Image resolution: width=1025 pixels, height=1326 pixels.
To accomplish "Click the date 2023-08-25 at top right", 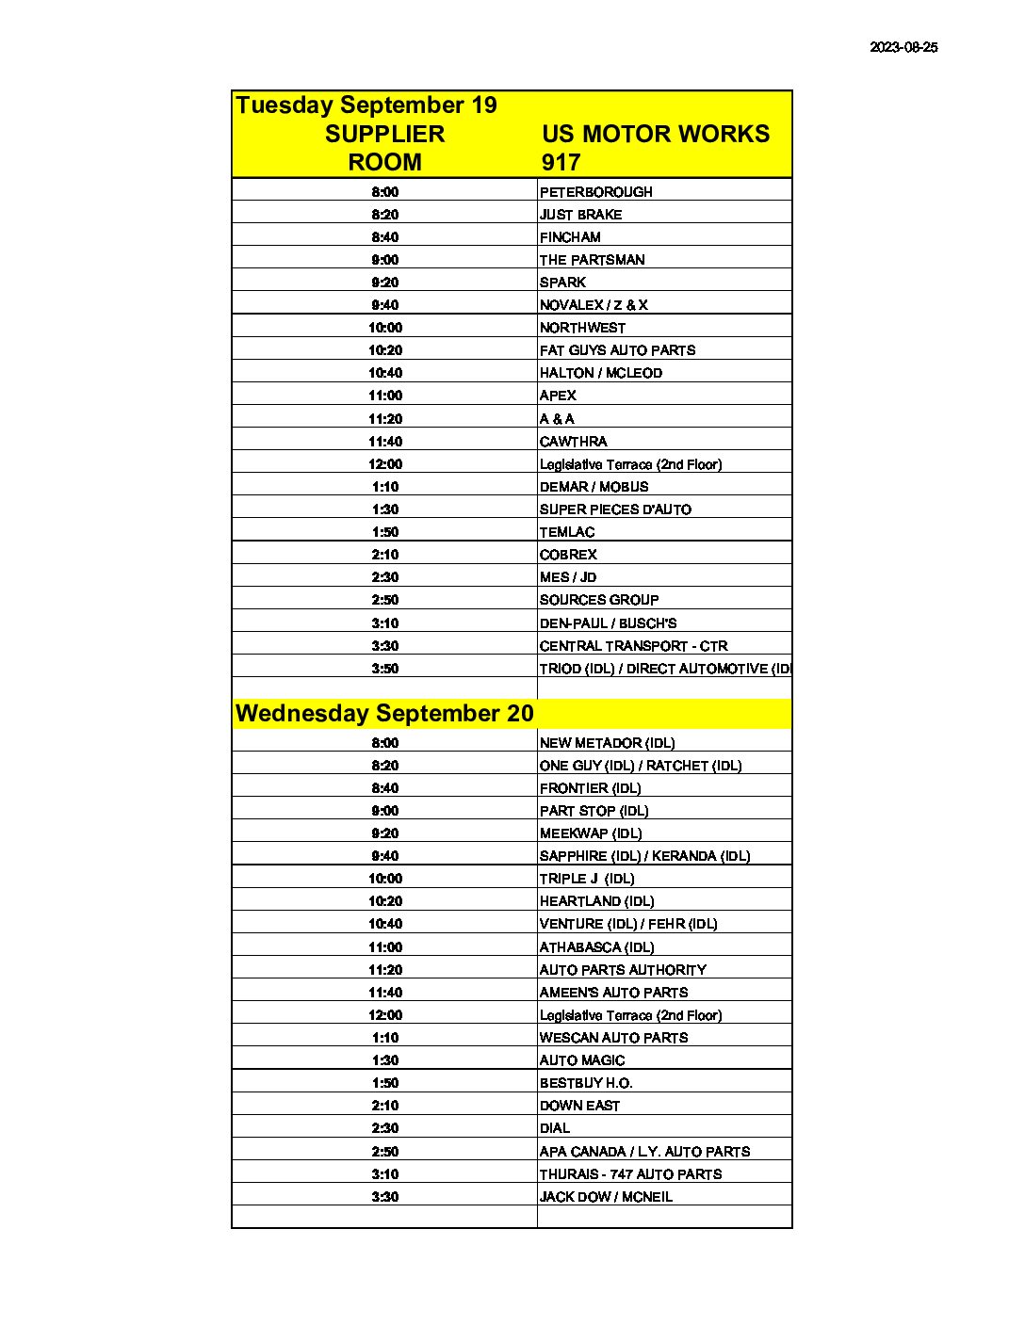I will (903, 47).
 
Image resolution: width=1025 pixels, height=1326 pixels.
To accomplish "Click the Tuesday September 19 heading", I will (366, 105).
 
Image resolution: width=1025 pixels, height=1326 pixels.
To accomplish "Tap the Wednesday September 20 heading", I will (384, 714).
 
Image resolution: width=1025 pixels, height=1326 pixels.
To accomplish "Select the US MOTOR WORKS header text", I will (656, 134).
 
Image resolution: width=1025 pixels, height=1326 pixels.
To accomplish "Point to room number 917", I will (561, 162).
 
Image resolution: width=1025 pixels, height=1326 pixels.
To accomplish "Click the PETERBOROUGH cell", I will (595, 192).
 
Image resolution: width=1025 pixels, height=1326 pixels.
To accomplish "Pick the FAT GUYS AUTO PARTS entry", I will (617, 350).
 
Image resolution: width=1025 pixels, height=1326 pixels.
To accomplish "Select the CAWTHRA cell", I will (573, 442).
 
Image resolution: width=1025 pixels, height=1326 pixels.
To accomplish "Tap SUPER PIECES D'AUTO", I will (615, 509).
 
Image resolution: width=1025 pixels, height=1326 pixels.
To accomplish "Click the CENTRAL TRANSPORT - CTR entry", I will (633, 646).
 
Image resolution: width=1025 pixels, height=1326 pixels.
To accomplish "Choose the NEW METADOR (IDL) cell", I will (607, 743).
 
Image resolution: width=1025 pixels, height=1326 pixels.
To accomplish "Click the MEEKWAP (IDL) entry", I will (591, 833).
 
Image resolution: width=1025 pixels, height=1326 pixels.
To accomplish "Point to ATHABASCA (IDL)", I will (596, 947).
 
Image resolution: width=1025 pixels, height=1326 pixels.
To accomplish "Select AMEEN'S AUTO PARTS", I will (613, 993).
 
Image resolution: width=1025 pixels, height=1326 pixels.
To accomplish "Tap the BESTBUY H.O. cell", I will (586, 1083).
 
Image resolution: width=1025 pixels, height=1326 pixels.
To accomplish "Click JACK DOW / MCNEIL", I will (606, 1197).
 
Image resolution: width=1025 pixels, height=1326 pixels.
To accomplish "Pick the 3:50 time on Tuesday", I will (384, 669).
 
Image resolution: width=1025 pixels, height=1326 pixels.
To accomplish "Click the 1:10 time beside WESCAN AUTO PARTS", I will (384, 1038).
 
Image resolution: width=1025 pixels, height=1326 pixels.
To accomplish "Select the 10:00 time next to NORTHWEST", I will (384, 328).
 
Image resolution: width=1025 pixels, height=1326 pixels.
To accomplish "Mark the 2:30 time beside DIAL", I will (384, 1128).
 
